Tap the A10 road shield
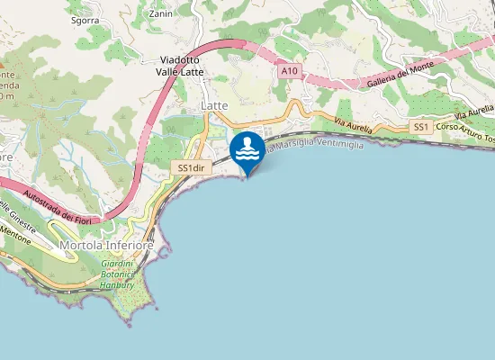tap(288, 70)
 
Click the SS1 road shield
tap(420, 128)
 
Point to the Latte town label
tap(214, 106)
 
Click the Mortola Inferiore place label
tap(106, 245)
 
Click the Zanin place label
tap(162, 14)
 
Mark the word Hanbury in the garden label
tap(117, 285)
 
